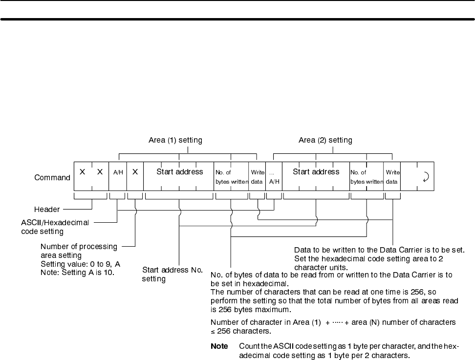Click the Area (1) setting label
[175, 140]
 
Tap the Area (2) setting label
[325, 140]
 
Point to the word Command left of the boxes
[52, 177]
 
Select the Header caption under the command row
[47, 209]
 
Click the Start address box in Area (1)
[179, 176]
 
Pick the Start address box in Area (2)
[316, 176]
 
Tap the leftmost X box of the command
[82, 172]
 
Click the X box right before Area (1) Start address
[135, 172]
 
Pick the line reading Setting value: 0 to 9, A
[80, 264]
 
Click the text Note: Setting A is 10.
[77, 272]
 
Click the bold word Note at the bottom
[219, 346]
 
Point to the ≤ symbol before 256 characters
[213, 330]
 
